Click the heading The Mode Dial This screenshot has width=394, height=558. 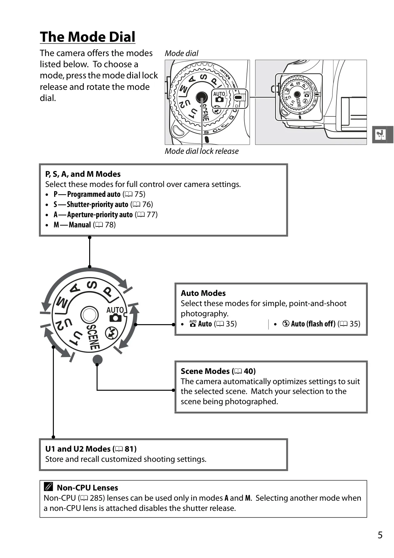(88, 37)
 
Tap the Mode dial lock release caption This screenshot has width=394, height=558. (202, 151)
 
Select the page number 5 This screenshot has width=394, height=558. (380, 535)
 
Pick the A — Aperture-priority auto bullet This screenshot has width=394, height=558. (105, 215)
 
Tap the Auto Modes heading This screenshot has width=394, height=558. (203, 293)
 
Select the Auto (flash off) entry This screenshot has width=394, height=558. (321, 324)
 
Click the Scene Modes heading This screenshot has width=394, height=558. (218, 371)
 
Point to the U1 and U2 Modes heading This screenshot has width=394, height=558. (91, 449)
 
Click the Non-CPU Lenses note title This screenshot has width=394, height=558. (87, 488)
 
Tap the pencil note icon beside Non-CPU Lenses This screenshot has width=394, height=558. (48, 487)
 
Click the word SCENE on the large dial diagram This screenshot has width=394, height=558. (93, 337)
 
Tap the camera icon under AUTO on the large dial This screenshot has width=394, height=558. (115, 318)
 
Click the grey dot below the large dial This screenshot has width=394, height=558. (97, 360)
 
